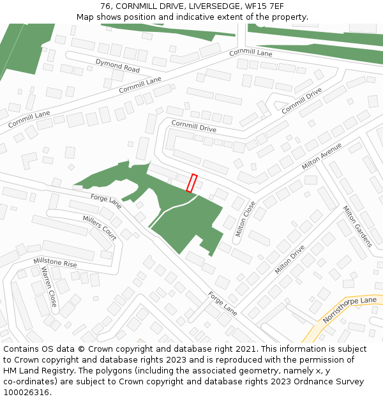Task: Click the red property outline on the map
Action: [191, 183]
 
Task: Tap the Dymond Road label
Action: [117, 65]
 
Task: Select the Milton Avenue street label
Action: [322, 156]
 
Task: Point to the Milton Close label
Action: [245, 219]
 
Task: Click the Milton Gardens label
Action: [357, 227]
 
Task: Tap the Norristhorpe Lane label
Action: [350, 309]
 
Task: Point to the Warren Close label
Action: [49, 287]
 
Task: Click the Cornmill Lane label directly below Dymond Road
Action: [140, 85]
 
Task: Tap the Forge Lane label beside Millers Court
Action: [105, 201]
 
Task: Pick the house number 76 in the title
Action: [105, 6]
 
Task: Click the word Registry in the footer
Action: [62, 371]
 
